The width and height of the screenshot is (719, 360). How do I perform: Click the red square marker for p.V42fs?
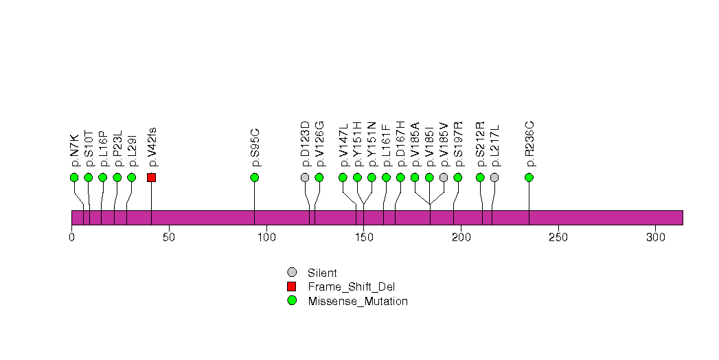[151, 177]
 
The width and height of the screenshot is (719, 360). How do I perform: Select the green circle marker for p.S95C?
[255, 177]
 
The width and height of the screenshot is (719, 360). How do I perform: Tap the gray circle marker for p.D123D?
[305, 177]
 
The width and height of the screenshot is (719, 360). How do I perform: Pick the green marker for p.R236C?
[529, 177]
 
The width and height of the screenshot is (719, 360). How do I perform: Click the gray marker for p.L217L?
[494, 177]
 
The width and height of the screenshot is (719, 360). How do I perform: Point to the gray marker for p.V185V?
[444, 177]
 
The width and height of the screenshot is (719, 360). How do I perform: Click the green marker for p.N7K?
[74, 177]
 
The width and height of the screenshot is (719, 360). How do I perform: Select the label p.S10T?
[89, 148]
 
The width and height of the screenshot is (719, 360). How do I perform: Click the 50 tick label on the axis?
[169, 238]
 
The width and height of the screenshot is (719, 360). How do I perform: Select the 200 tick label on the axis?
[461, 238]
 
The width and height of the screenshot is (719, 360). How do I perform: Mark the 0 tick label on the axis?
[71, 238]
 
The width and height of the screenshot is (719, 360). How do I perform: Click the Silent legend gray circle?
[292, 273]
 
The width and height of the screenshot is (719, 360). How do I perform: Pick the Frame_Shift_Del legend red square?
[292, 286]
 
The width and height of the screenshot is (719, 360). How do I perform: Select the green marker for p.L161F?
[386, 177]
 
